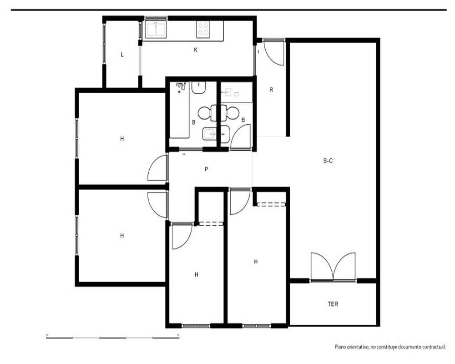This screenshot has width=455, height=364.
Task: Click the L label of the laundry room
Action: pos(122,55)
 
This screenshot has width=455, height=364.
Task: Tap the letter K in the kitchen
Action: pos(196,50)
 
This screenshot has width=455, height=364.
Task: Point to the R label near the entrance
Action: pos(271,90)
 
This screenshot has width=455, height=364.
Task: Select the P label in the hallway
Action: pos(206,169)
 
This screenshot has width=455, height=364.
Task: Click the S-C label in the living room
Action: pos(328,161)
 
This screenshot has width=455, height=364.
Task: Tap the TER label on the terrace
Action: pos(333,304)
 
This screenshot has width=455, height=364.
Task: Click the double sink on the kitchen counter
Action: pos(156,29)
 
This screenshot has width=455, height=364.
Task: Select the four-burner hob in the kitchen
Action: pos(203,29)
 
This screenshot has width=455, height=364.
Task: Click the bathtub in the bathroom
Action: pos(179,110)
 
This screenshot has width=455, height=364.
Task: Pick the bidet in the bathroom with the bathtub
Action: pos(209,134)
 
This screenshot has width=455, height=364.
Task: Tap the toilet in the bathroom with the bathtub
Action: pos(207,113)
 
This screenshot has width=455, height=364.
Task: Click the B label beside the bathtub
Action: pos(193,122)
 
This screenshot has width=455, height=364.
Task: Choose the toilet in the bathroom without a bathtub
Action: pos(230,113)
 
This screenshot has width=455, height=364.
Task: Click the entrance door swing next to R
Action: pos(273,53)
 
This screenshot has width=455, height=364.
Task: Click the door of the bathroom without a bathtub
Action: pos(240,137)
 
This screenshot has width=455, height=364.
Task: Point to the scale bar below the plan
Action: pos(112,337)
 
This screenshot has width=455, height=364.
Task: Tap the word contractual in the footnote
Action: pos(434,347)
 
